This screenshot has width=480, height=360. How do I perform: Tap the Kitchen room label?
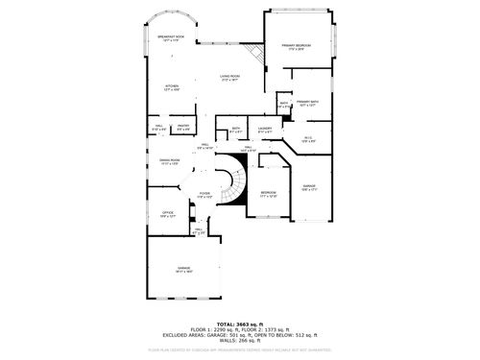pos(171,87)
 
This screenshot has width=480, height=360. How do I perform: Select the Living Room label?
pos(229,79)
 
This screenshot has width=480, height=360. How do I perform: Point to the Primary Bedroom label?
pos(298,47)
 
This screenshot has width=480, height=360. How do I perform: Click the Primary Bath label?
pos(307,103)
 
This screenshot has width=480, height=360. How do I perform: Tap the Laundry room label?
pos(266,130)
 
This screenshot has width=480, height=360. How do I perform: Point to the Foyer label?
pos(204,195)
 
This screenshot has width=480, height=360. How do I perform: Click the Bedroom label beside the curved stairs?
pos(268,195)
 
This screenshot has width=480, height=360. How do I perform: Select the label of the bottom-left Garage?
pos(183,270)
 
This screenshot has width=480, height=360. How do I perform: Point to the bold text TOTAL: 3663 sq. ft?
pos(239,324)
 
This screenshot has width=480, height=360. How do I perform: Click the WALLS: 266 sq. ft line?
pos(239,341)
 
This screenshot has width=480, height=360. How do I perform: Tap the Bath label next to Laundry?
pos(236,130)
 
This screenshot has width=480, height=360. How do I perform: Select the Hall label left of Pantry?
pos(158,125)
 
